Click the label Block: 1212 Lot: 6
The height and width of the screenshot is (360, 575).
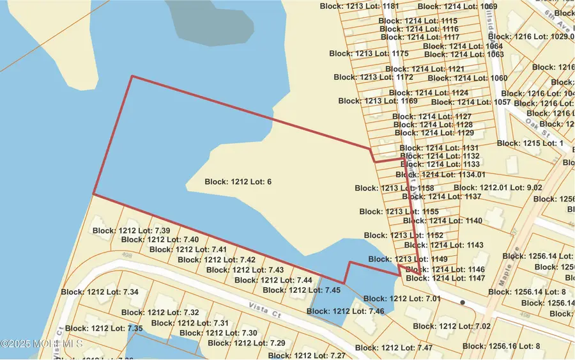point(238,182)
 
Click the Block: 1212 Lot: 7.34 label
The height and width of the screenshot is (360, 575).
point(100,292)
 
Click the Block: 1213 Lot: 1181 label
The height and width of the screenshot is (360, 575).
point(359,6)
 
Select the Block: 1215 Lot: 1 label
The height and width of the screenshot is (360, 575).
point(530,143)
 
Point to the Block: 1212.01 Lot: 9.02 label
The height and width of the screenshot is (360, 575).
point(498,188)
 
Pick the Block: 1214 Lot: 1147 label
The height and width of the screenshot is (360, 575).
point(445,279)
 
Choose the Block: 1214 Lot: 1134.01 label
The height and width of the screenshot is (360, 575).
point(441,175)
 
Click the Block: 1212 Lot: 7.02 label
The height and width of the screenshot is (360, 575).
point(452,326)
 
